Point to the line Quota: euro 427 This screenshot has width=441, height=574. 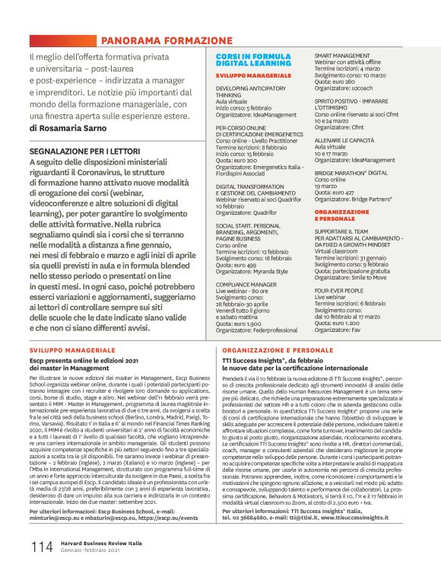(x=337, y=193)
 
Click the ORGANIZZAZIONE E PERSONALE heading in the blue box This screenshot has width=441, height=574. (x=342, y=215)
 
